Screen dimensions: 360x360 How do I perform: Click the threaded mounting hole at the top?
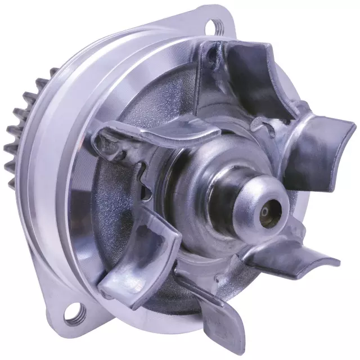pyautogui.click(x=216, y=24)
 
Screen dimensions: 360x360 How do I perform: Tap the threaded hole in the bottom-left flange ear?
pyautogui.click(x=73, y=313)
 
